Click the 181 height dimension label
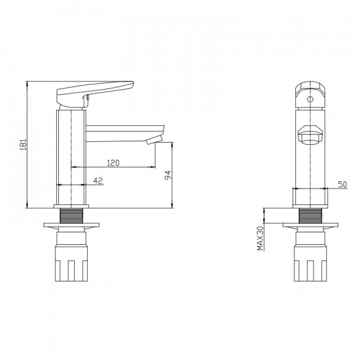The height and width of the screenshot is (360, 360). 23,145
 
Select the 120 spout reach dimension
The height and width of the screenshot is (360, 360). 113,163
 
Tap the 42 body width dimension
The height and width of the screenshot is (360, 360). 98,181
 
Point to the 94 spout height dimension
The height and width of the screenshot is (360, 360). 168,175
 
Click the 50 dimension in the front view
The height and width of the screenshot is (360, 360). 342,185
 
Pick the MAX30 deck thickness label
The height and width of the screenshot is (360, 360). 260,238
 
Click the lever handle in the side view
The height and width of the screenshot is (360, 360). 95,94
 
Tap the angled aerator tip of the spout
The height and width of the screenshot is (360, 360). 154,140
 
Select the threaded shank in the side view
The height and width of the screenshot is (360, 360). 71,215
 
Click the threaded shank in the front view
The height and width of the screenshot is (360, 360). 310,215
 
